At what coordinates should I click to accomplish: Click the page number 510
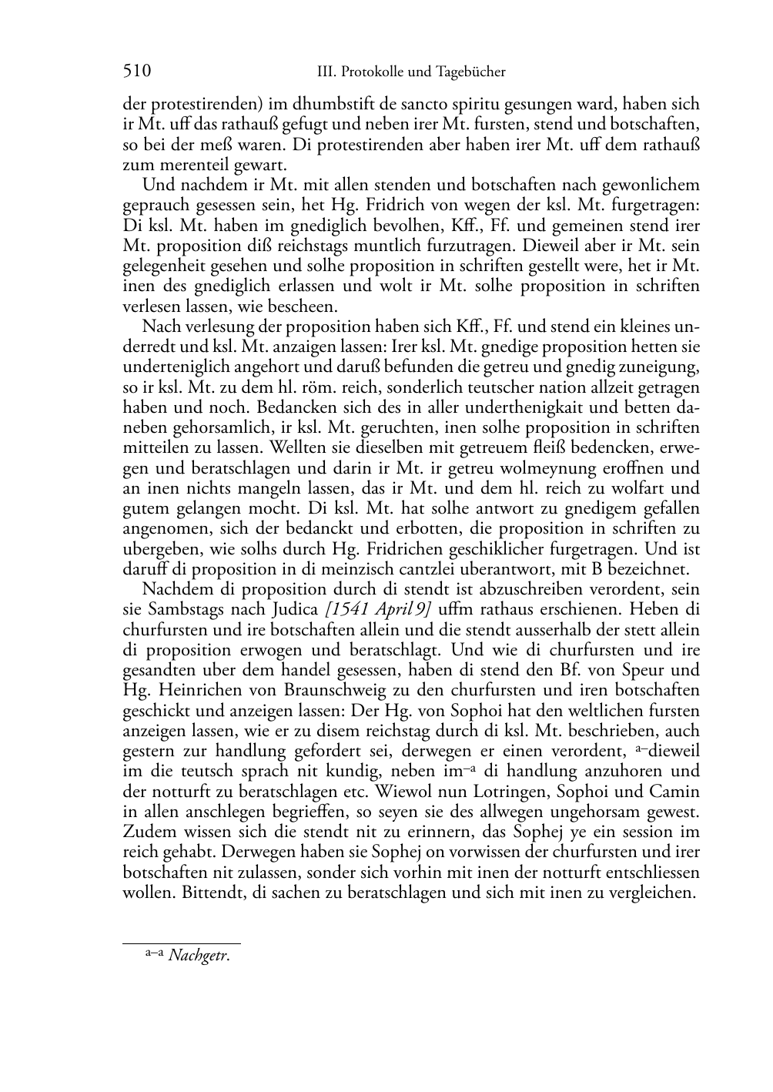click(136, 72)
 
